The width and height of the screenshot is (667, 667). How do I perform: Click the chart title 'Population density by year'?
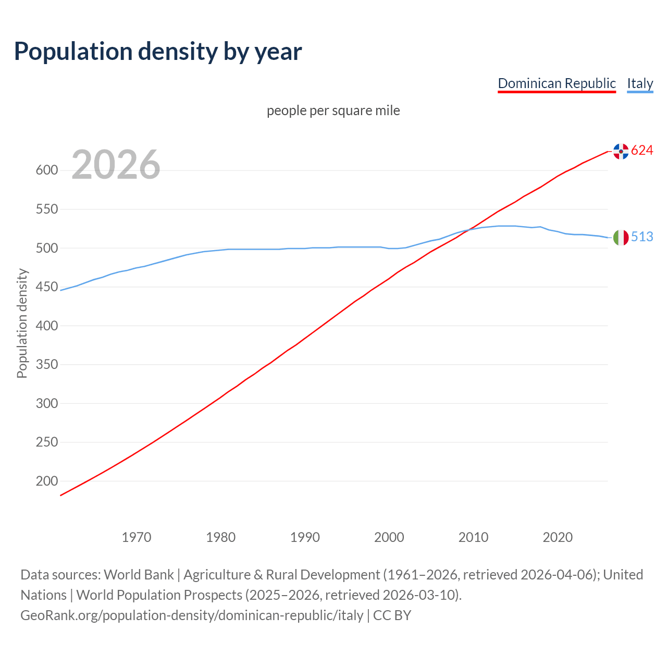point(158,52)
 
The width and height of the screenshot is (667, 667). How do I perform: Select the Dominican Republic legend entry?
point(557,83)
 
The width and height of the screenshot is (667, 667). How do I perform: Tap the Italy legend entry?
point(640,83)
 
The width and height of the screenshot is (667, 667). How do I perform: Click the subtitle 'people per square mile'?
point(333,110)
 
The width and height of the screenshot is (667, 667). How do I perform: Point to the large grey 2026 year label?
point(116,165)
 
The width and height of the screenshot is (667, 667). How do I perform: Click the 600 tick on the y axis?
point(46,170)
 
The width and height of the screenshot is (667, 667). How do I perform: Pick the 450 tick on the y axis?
point(46,287)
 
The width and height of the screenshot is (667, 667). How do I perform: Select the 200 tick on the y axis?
point(46,481)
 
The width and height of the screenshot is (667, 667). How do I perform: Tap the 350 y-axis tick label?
point(46,365)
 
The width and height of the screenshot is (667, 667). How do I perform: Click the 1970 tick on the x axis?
point(137,537)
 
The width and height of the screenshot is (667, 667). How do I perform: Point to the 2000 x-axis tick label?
point(389,537)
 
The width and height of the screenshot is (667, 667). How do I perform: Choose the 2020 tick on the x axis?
point(558,537)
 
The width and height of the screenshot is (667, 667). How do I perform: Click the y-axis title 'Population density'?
point(22,323)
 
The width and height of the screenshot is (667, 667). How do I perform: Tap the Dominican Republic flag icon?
point(621,151)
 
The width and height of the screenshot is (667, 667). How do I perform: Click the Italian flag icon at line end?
point(621,238)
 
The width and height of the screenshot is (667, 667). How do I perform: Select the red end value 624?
point(642,151)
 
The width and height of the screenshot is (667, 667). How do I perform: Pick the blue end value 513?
point(642,237)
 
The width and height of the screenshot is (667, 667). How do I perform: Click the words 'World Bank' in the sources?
point(139,575)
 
